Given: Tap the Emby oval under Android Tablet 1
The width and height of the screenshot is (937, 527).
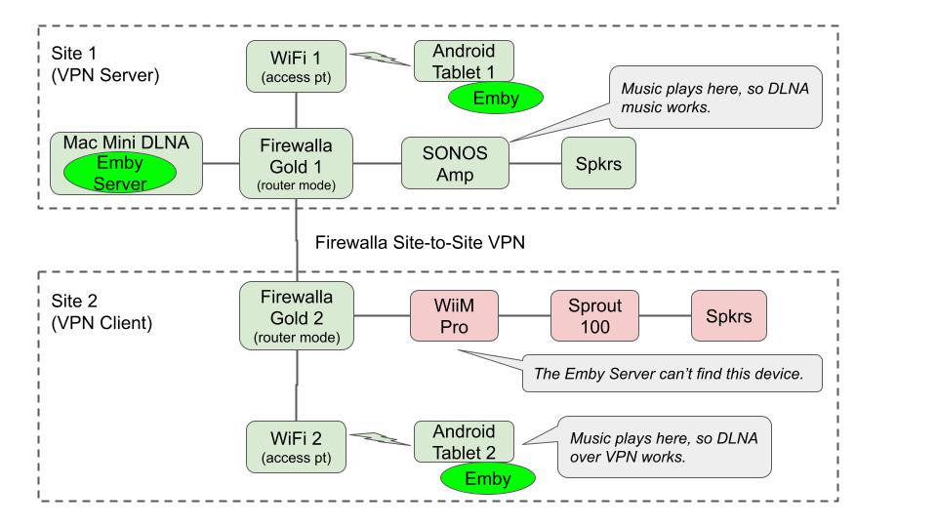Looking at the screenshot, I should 496,99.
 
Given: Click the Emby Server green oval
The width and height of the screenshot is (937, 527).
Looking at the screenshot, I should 119,175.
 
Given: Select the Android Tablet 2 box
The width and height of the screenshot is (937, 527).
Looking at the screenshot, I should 464,440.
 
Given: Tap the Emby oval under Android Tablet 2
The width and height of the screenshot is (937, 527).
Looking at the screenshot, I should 487,478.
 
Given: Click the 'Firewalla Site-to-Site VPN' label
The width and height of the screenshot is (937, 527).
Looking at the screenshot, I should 421,242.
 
